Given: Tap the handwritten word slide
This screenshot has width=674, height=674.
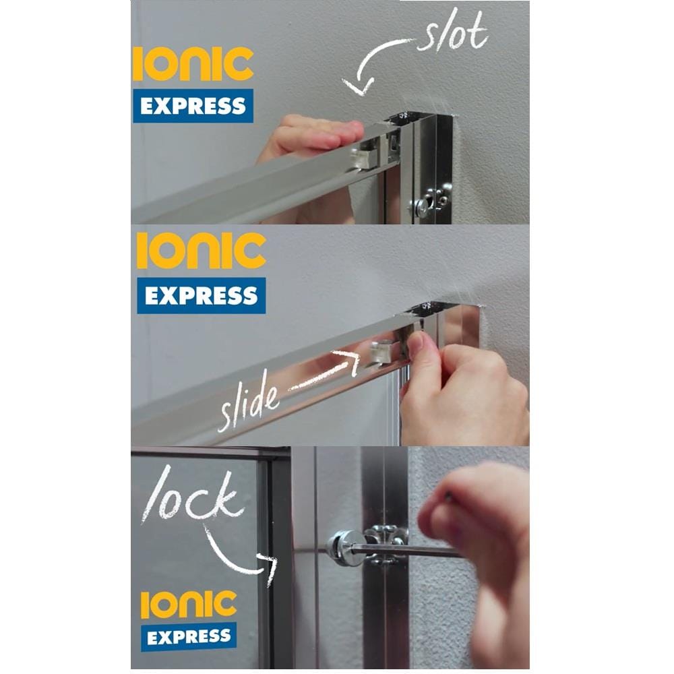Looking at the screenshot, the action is pos(248,401).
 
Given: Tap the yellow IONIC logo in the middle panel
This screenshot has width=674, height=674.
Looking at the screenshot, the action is pos(201,251).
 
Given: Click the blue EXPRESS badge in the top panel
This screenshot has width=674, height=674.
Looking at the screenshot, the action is pos(193,106).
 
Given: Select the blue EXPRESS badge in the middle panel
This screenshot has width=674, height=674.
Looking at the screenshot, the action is pos(201,295).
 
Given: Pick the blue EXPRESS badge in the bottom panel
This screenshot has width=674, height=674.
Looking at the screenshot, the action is pos(189,637).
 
